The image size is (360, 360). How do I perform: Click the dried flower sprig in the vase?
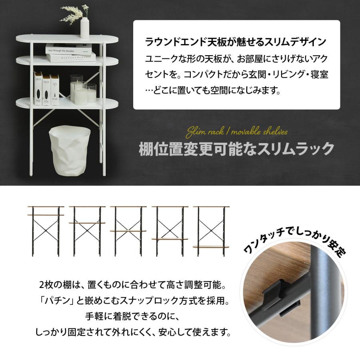tap(74, 14)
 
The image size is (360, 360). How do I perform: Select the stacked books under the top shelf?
tap(70, 53)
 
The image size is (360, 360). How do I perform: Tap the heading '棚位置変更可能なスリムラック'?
tap(236, 149)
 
